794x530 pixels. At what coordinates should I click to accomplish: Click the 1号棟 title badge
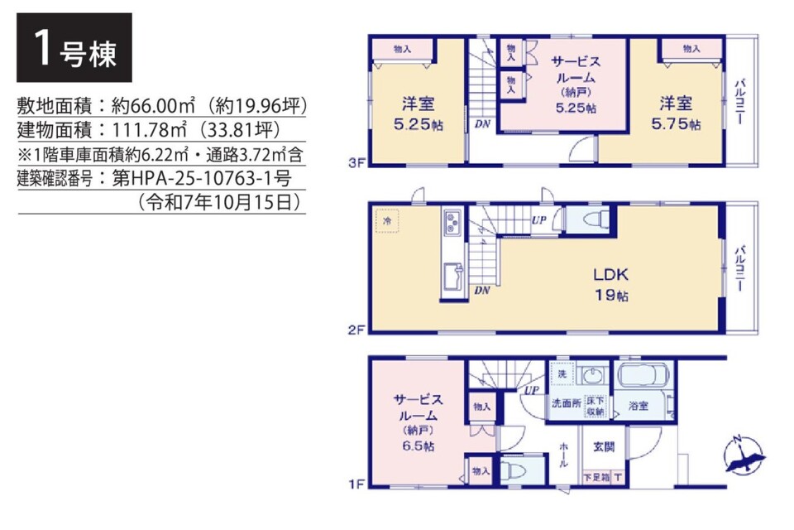(x=74, y=48)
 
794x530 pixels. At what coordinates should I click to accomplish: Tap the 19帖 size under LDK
(x=611, y=295)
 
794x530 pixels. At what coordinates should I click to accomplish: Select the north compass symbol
(x=744, y=455)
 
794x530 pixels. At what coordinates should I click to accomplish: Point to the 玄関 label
(x=604, y=447)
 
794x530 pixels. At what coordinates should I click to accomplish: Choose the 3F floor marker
(x=356, y=163)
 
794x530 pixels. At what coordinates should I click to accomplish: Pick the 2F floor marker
(x=356, y=330)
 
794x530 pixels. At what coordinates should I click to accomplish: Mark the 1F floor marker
(x=356, y=484)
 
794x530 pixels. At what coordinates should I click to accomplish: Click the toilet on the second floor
(x=595, y=219)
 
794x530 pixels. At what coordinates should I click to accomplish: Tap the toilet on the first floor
(x=514, y=470)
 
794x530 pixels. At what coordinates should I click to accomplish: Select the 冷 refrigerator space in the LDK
(x=387, y=221)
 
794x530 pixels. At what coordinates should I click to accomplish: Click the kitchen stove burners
(x=452, y=223)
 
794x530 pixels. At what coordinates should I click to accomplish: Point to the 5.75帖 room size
(x=676, y=124)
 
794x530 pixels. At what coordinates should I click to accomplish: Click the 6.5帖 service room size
(x=419, y=446)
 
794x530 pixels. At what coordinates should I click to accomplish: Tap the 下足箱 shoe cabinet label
(x=596, y=477)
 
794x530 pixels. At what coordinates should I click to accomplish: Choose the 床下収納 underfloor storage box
(x=595, y=407)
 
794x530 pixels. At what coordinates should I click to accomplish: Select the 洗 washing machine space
(x=562, y=374)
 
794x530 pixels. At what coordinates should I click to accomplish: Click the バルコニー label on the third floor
(x=739, y=101)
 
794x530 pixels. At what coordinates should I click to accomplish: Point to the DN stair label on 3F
(x=482, y=123)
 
